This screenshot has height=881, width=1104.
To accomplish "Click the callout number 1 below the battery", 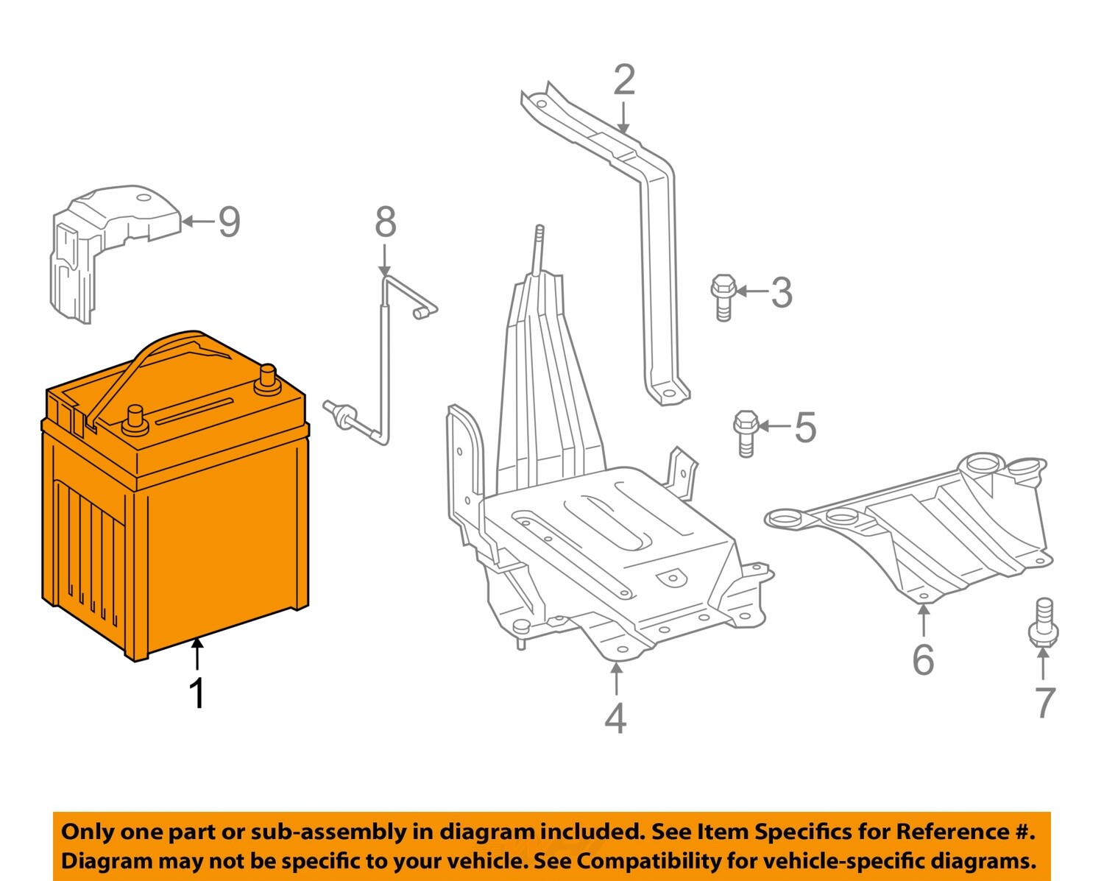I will [197, 693].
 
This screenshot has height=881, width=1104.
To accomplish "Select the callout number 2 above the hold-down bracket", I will [623, 80].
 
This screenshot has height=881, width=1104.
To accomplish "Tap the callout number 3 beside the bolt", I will [782, 293].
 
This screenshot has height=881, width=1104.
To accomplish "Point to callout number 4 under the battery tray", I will [616, 718].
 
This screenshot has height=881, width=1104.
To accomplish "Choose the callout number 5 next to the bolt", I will [806, 428].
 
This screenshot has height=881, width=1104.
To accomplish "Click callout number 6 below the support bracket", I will [923, 659].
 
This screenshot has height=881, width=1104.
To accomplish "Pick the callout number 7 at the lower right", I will [1044, 703].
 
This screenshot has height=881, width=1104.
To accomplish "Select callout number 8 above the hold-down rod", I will [386, 222].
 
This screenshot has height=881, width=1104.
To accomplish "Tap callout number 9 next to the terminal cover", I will [229, 222].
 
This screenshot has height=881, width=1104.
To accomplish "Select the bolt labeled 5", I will [746, 431].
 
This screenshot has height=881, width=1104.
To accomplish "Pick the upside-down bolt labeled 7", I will [1043, 623].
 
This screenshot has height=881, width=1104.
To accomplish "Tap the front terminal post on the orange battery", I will [135, 419].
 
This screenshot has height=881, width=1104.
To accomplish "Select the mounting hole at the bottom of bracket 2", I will [668, 394].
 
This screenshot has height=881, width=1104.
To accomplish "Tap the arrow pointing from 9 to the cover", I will [197, 221].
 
